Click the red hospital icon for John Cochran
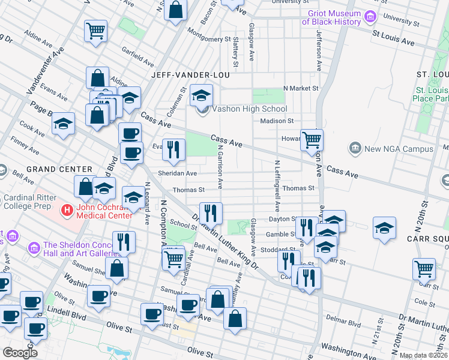click(68, 211)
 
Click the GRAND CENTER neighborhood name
click(58, 170)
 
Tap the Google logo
click(20, 353)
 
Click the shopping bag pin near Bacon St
click(175, 10)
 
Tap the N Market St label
click(300, 88)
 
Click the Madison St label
click(277, 121)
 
